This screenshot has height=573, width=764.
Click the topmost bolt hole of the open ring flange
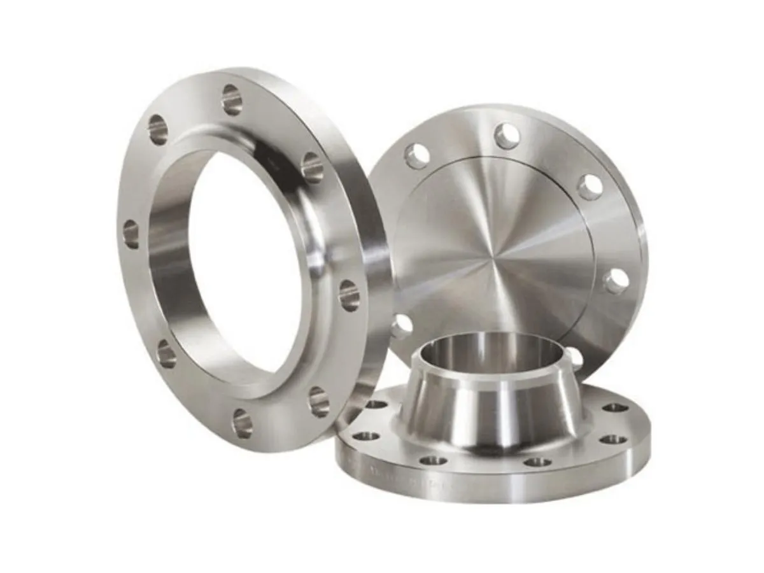point(232,99)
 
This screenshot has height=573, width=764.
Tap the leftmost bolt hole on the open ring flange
point(131,234)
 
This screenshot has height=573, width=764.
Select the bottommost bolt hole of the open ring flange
point(243,423)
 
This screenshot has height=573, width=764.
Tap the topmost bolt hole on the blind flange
point(507,136)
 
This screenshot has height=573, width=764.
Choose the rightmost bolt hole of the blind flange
point(616,281)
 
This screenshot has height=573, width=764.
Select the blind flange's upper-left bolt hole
point(417,156)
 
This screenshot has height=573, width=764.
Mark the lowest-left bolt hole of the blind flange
point(402,325)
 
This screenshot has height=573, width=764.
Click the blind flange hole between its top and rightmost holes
point(590,186)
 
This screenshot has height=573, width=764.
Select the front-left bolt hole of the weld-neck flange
point(434,460)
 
